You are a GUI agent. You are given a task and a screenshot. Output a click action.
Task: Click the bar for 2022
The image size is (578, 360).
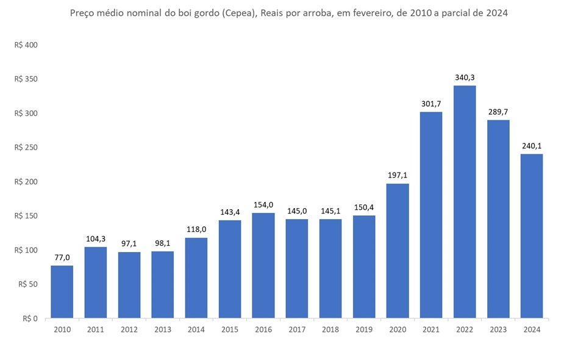tap(465, 202)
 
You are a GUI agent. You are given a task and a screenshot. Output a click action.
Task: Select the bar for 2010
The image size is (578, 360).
tap(62, 292)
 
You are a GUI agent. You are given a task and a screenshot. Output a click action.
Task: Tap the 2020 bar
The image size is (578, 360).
tap(398, 251)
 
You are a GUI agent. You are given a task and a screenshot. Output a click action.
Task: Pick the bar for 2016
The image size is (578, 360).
tap(263, 265)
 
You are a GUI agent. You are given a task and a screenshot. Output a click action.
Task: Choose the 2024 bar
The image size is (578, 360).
tap(532, 236)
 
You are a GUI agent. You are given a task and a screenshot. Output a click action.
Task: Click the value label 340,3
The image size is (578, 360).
tap(465, 77)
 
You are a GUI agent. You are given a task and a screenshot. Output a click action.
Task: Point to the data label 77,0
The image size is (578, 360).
tap(62, 257)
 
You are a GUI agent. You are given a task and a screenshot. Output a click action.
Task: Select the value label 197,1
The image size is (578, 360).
tap(398, 175)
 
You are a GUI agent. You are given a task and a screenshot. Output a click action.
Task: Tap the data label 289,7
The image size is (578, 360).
tap(498, 112)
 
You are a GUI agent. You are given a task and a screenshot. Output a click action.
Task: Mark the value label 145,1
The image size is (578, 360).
tap(330, 211)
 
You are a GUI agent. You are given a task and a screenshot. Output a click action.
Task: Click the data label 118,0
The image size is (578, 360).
tap(196, 229)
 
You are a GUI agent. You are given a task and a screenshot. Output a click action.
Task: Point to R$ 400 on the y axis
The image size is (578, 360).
tap(26, 45)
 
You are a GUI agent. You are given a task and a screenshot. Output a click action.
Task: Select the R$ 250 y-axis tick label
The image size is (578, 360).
tap(26, 148)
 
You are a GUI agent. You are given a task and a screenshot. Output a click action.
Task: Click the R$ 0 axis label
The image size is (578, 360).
tap(30, 319)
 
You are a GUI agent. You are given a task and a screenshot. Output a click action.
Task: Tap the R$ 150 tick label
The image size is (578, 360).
tap(26, 216)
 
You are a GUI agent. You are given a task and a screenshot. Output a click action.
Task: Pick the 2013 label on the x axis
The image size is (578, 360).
tap(163, 329)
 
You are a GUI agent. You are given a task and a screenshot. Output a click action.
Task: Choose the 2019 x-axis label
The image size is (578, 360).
tap(364, 329)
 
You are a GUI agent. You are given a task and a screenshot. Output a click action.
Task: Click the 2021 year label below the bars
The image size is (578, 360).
tap(431, 329)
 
